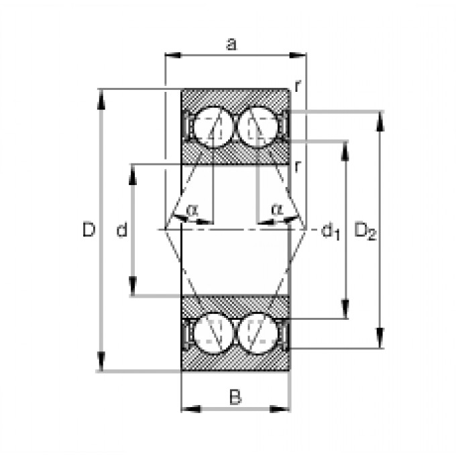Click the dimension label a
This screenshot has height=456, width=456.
[x=231, y=45]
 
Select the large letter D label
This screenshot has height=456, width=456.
[x=89, y=230]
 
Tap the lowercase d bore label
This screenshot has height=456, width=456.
[x=121, y=231]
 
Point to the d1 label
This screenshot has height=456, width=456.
[x=331, y=231]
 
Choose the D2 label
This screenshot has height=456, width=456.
[x=365, y=231]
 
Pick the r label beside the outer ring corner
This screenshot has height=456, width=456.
[x=296, y=85]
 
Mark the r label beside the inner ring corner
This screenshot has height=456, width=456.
[x=296, y=166]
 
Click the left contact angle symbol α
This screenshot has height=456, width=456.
[x=192, y=210]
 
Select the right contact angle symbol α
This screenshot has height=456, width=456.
[x=276, y=210]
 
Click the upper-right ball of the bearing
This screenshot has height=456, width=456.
[x=256, y=125]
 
